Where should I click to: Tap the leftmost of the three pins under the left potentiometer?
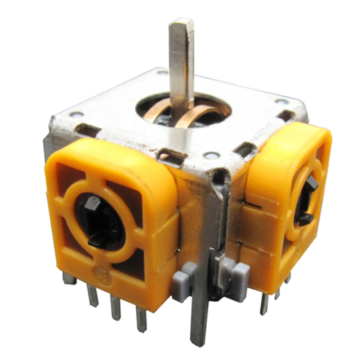tap(92, 296)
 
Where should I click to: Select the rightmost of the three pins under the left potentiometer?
tap(141, 319)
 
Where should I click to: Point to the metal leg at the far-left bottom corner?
tap(67, 277)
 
